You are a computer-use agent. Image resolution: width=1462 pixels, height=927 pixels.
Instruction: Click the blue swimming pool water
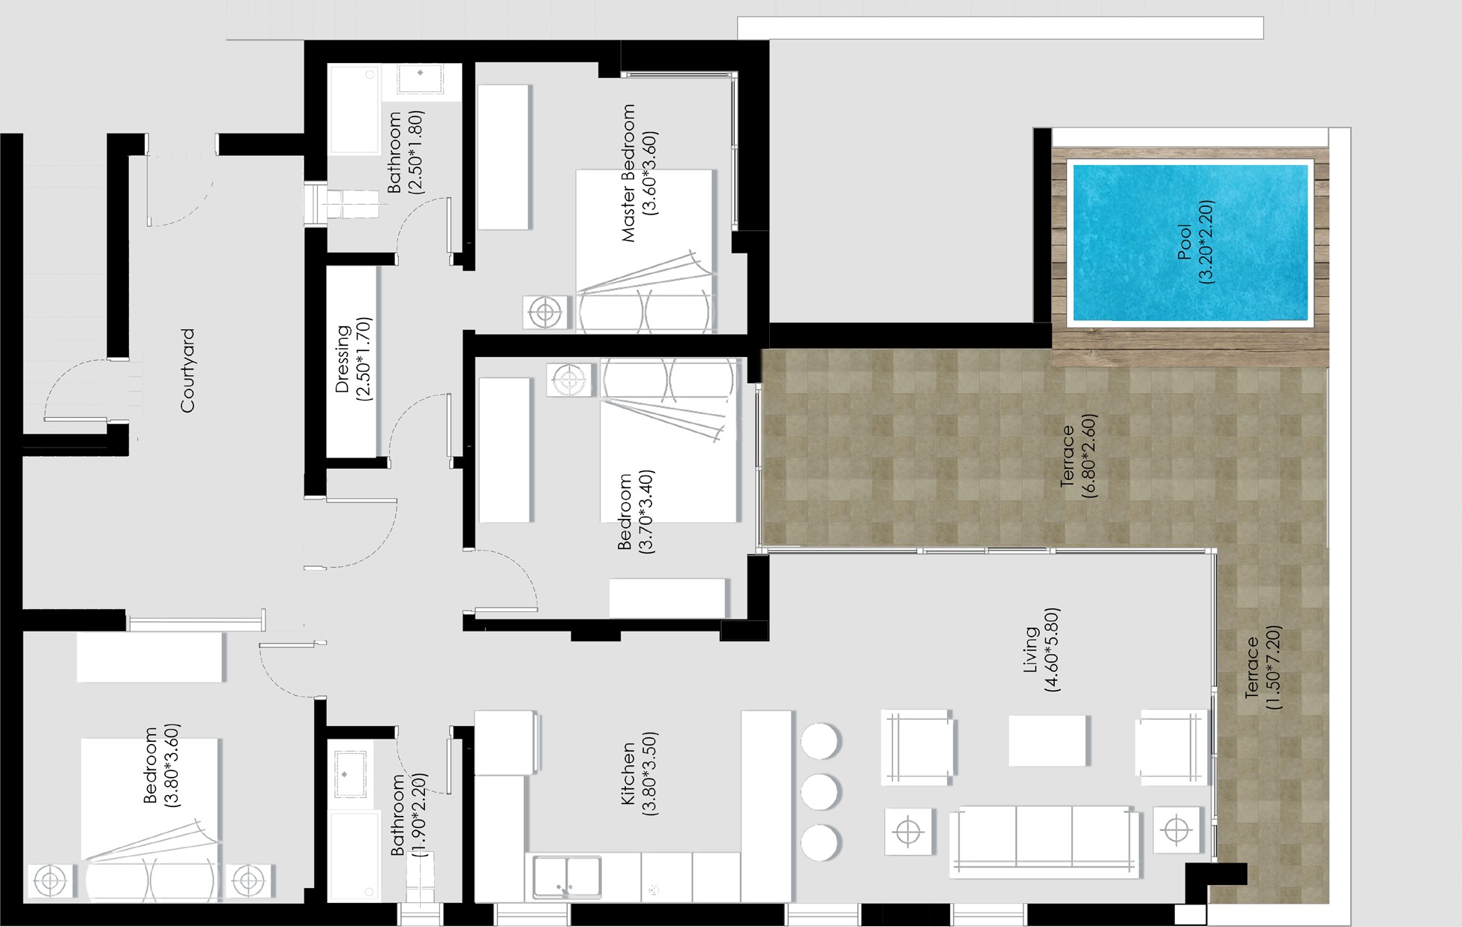[x=1191, y=242]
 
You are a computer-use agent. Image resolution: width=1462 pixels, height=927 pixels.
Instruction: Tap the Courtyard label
[x=187, y=370]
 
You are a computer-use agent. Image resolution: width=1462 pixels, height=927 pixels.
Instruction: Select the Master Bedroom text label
[x=628, y=173]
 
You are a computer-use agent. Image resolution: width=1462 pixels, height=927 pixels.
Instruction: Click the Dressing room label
[x=343, y=359]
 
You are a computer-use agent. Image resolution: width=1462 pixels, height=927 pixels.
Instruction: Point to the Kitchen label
[x=628, y=774]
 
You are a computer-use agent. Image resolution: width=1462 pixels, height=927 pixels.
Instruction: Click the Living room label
[x=1032, y=649]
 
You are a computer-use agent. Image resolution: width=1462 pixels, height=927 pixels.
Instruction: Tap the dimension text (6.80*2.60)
[x=1089, y=456]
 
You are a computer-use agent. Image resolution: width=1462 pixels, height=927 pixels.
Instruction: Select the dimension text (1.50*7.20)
[x=1273, y=667]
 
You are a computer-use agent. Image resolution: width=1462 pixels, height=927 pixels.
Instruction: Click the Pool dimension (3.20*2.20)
[x=1206, y=241]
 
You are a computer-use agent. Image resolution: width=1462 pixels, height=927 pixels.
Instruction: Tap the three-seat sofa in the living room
[x=1044, y=841]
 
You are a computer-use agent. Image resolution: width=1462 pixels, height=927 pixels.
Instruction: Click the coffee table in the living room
[x=1047, y=740]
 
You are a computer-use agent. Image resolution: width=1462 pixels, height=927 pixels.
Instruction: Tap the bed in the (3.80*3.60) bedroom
[x=150, y=820]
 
